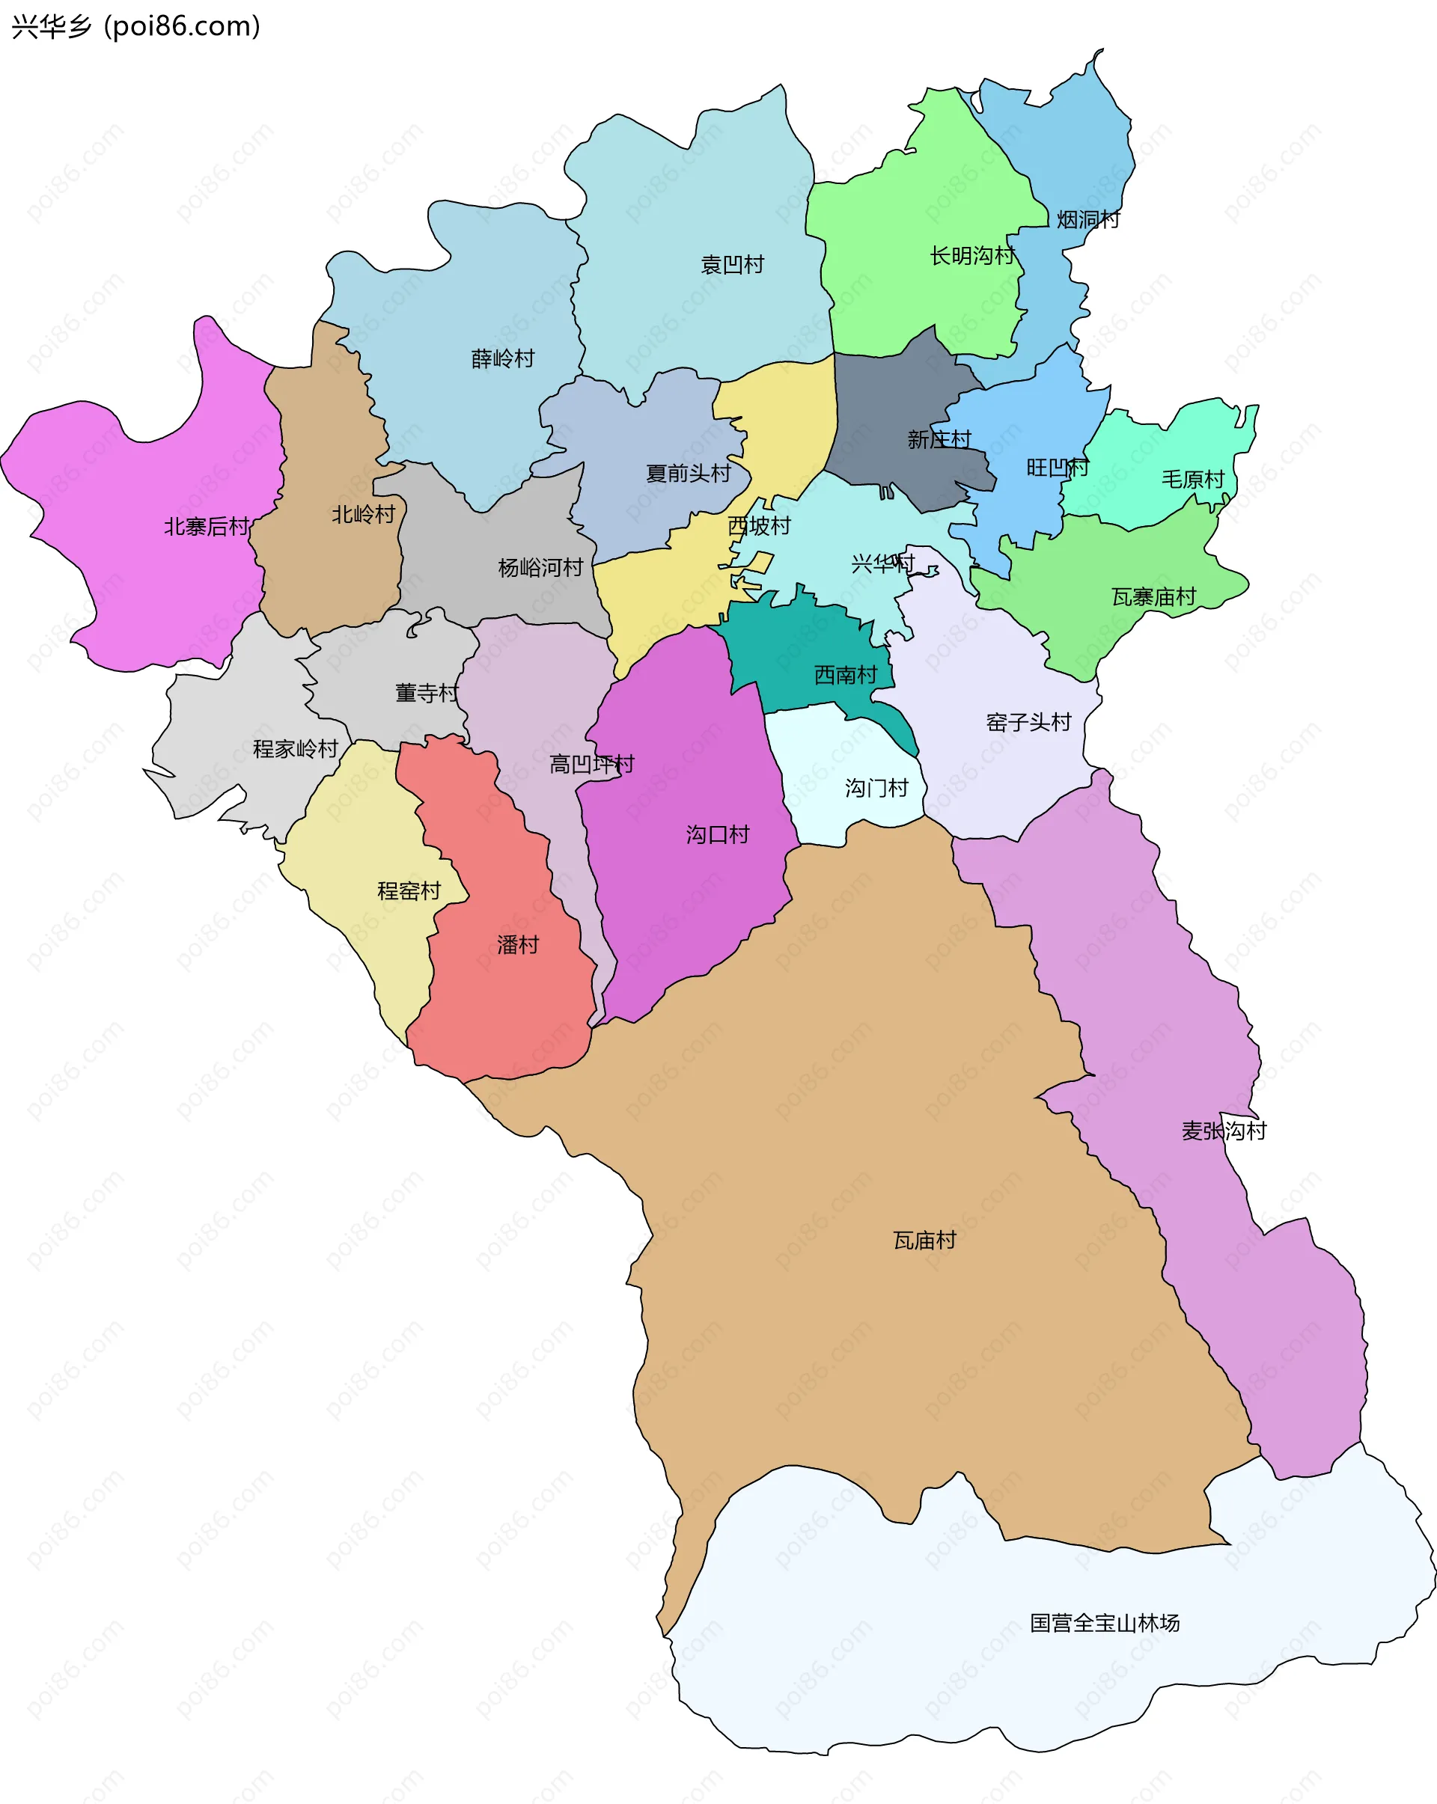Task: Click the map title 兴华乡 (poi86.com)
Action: point(135,27)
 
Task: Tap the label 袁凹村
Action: point(732,265)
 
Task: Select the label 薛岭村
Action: point(503,359)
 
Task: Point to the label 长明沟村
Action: point(972,256)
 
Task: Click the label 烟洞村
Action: point(1088,220)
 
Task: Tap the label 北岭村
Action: point(363,515)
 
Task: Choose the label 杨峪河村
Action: point(540,568)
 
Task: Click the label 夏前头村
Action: point(688,474)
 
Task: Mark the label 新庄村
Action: point(939,439)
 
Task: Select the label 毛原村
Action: point(1192,480)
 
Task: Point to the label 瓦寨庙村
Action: point(1153,597)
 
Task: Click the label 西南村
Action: point(845,675)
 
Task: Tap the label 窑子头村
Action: point(1028,722)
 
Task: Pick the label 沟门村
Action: point(876,788)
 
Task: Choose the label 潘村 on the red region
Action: point(518,946)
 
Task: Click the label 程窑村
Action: point(409,891)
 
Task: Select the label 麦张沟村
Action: point(1224,1131)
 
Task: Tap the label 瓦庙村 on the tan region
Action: point(924,1241)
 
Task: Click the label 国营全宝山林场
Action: point(1104,1623)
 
